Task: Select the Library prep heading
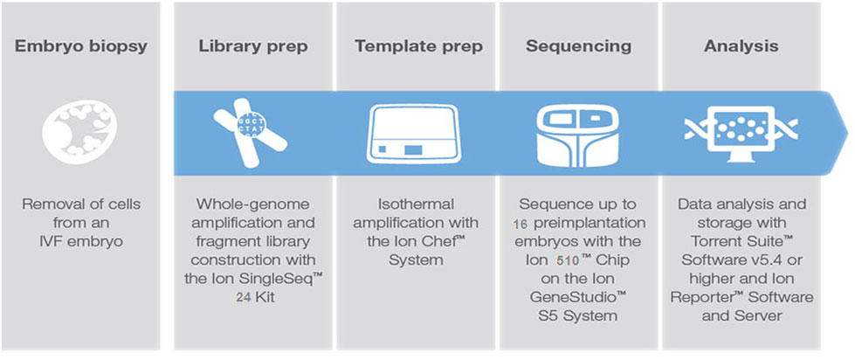252,45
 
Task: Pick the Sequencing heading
577,45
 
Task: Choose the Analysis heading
741,45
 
